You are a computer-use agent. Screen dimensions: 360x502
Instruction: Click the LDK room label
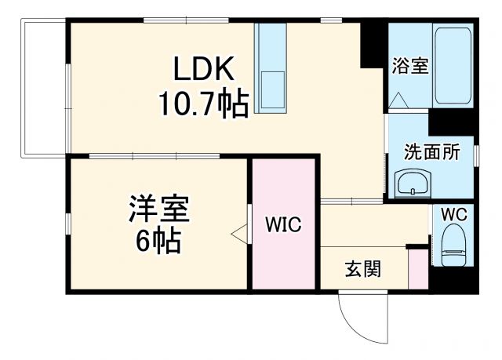(204, 71)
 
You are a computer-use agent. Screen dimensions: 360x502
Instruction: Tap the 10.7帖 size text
(204, 103)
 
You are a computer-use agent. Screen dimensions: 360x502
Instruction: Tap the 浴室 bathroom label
(409, 67)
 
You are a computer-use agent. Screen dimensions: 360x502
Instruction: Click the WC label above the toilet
(453, 214)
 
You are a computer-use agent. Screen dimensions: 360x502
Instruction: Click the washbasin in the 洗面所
(413, 185)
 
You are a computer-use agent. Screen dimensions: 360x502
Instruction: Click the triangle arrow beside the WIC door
(238, 232)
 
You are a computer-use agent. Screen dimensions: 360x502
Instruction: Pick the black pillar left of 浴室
(371, 43)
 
